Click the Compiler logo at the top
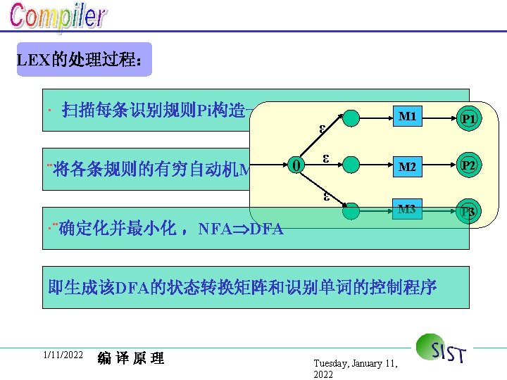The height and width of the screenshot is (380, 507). pos(58,18)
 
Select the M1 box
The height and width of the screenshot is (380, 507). pos(406,117)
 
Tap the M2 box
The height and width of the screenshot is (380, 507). pos(406,167)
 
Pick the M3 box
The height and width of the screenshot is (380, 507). pos(406,209)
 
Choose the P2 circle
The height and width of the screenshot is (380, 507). pos(468,166)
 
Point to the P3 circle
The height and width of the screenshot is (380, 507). pos(468,213)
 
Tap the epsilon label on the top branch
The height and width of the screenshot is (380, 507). pos(322,129)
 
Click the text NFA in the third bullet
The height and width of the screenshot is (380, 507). pos(216,229)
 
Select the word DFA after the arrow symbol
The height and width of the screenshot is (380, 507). pos(266,229)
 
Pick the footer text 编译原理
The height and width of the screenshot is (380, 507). pos(131,358)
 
